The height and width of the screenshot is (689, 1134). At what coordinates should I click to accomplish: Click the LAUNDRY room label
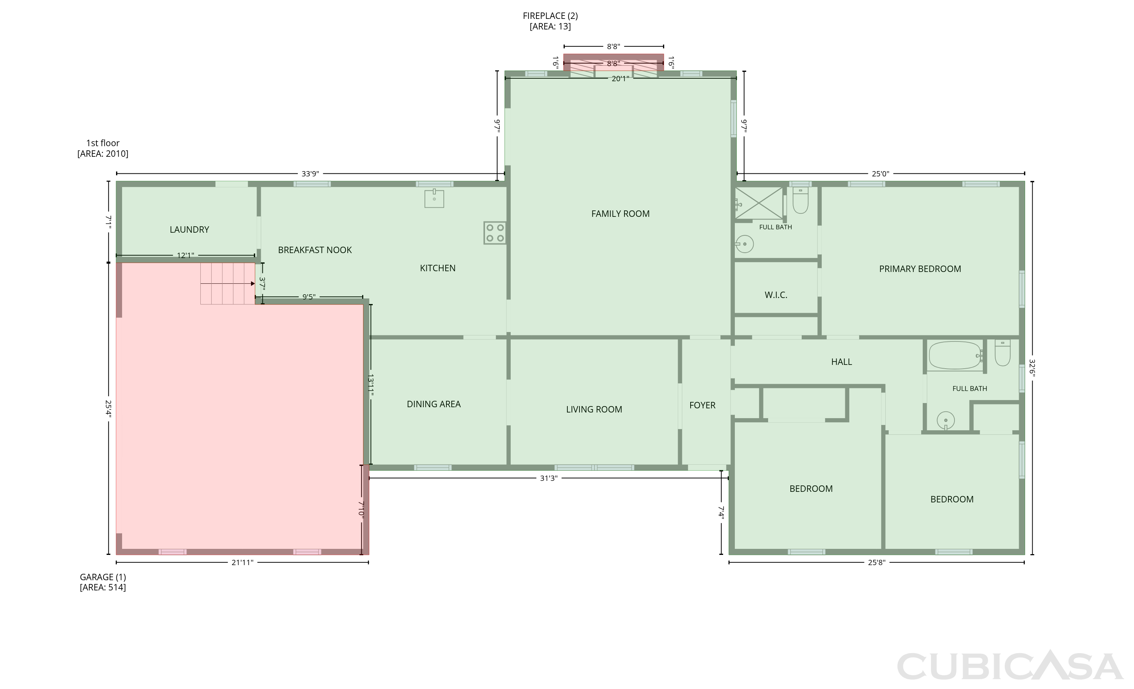pyautogui.click(x=189, y=230)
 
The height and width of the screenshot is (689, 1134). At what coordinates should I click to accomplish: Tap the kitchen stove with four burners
pyautogui.click(x=495, y=233)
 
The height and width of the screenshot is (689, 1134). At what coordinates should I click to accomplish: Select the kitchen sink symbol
pyautogui.click(x=434, y=198)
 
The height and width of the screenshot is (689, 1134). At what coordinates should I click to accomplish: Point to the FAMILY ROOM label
pyautogui.click(x=620, y=214)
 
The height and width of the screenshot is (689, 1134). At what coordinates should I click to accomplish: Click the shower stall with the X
pyautogui.click(x=758, y=203)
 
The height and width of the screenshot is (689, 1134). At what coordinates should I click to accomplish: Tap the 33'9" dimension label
pyautogui.click(x=310, y=174)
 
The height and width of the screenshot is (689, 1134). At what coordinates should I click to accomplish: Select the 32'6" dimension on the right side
pyautogui.click(x=1032, y=368)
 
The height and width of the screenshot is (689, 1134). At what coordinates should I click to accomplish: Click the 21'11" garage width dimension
pyautogui.click(x=243, y=562)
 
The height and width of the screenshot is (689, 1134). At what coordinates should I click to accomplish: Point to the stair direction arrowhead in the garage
pyautogui.click(x=253, y=284)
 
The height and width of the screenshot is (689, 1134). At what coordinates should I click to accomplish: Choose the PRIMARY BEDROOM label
pyautogui.click(x=920, y=269)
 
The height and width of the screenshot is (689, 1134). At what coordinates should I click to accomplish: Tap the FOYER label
pyautogui.click(x=702, y=406)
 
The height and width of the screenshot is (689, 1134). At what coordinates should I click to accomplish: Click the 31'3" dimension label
pyautogui.click(x=548, y=478)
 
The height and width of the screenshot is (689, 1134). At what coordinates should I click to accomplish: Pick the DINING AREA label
pyautogui.click(x=434, y=404)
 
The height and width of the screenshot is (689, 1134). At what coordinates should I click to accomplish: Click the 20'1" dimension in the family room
pyautogui.click(x=620, y=79)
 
